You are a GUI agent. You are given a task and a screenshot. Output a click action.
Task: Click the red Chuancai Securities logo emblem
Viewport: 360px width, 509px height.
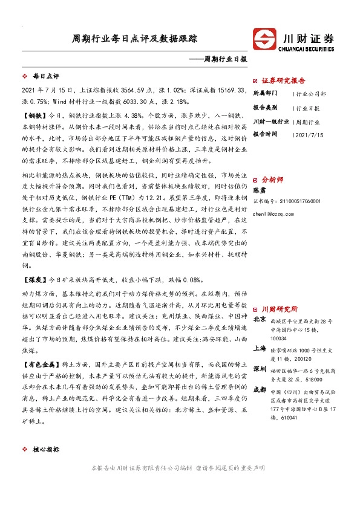[265, 39]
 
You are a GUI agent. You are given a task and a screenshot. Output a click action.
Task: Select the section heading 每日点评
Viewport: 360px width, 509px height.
[45, 77]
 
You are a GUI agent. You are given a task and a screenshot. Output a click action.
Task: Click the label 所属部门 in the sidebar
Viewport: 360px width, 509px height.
[266, 94]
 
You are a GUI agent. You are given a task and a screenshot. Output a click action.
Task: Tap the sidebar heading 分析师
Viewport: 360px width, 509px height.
[272, 180]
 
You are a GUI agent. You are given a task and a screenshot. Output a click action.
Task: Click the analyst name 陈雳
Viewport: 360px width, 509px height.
[260, 191]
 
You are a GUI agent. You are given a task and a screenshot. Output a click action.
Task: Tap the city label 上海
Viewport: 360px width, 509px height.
[260, 349]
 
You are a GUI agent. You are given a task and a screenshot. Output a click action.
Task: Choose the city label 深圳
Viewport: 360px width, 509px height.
[260, 369]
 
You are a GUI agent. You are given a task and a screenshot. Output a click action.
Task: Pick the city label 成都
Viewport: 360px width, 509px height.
[260, 390]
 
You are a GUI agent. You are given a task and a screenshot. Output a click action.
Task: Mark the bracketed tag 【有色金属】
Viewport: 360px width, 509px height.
[40, 366]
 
